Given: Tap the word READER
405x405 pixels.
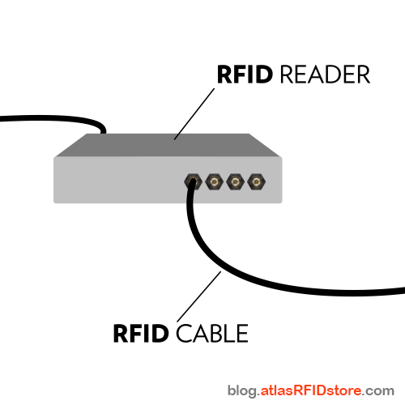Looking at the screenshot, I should (324, 75).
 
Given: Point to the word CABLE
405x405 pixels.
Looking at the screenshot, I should (211, 333).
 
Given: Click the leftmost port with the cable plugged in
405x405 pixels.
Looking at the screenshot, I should (194, 180).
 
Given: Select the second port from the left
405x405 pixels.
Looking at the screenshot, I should (214, 180).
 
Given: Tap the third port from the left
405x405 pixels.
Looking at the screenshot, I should (235, 180).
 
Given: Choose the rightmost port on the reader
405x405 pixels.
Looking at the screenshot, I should (256, 180).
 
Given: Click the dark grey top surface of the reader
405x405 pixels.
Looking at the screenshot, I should (162, 146).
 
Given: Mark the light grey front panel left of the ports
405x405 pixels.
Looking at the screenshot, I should (113, 180).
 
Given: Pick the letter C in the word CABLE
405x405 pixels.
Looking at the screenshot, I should (182, 333).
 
